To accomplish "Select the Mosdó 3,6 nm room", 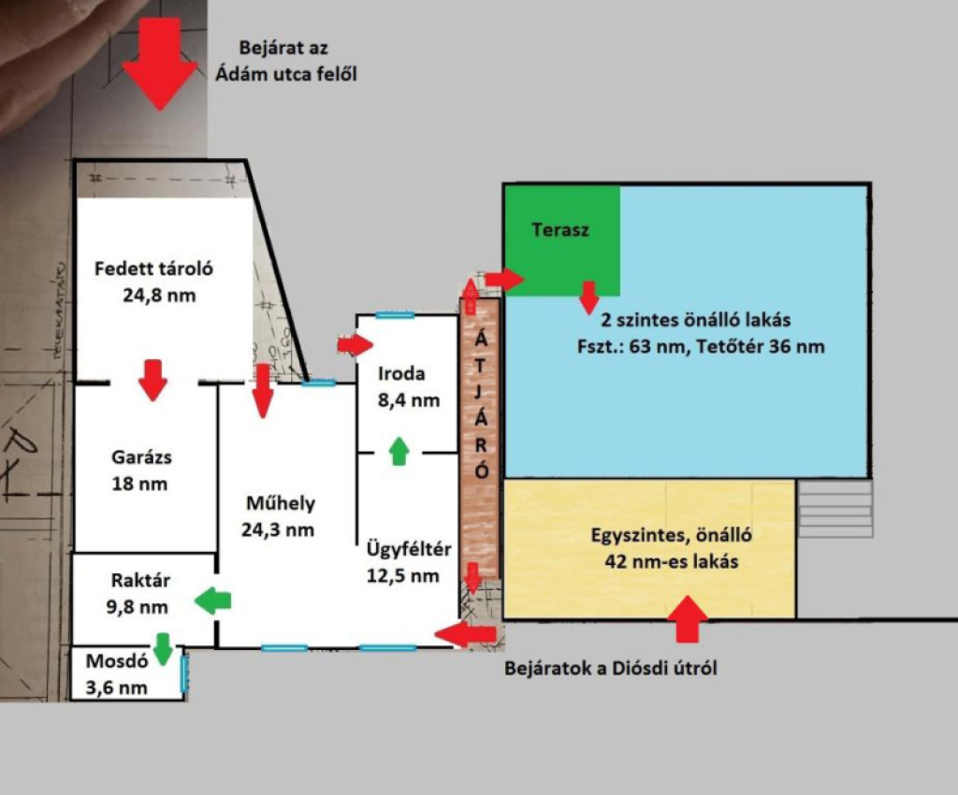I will (118, 673).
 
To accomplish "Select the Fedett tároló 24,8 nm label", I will (154, 282).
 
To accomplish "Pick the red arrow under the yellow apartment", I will (689, 618).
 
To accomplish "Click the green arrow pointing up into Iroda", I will (399, 451).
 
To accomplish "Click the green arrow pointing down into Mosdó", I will (163, 648).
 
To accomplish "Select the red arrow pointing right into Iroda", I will (355, 346).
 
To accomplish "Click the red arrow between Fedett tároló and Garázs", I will (152, 379).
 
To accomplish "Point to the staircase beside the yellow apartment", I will (835, 509).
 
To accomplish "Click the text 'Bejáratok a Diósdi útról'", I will (611, 669).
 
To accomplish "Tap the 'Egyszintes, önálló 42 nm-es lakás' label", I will (672, 549).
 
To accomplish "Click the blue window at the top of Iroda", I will (394, 316).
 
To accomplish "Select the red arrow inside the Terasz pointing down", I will (588, 296).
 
